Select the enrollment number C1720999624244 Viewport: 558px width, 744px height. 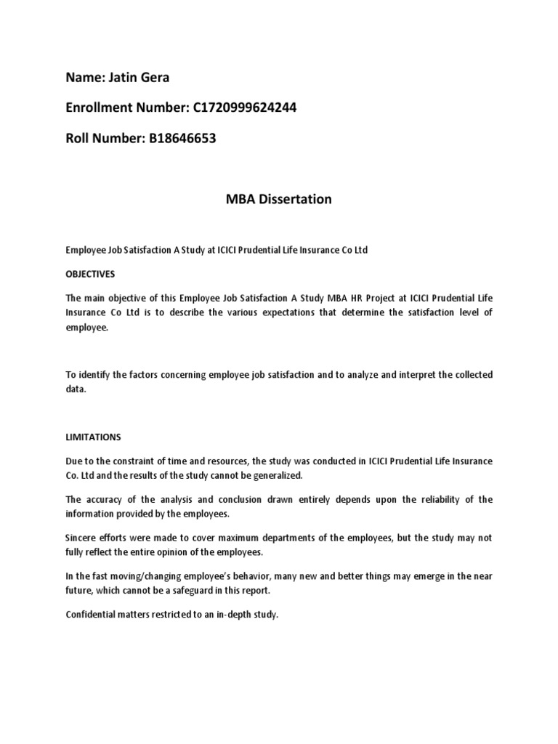[x=245, y=108]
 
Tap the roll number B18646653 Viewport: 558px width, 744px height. [x=183, y=138]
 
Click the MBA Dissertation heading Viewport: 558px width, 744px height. [x=279, y=199]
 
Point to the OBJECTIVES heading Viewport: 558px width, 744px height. [x=90, y=275]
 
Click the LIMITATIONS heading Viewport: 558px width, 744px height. [x=94, y=437]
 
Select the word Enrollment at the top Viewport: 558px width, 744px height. [x=100, y=108]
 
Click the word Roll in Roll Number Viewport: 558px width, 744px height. [x=78, y=138]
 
